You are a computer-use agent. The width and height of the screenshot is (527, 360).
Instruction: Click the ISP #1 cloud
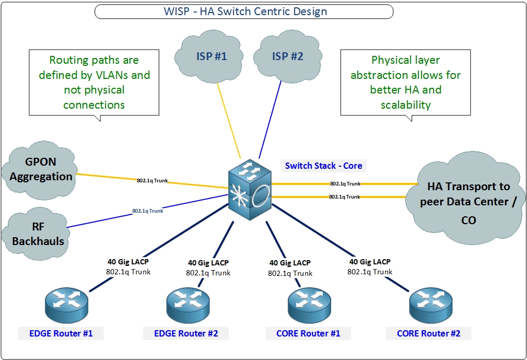(209, 56)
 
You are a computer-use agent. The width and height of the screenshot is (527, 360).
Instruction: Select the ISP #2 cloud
(287, 56)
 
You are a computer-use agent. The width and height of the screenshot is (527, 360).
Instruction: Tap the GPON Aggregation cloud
(40, 170)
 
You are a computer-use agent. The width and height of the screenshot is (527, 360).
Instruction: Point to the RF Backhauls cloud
(36, 234)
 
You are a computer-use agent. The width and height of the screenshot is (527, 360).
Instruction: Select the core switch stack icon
(250, 190)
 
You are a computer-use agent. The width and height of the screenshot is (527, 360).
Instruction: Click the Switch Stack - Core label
(323, 166)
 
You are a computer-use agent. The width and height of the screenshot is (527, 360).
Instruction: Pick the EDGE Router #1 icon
(66, 305)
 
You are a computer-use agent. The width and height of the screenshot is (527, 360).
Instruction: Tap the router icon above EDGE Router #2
(188, 305)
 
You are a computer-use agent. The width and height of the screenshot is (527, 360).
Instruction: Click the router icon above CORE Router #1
(309, 305)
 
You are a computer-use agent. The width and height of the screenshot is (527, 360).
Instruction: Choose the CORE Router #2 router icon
(431, 305)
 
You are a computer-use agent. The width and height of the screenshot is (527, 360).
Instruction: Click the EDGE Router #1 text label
(61, 333)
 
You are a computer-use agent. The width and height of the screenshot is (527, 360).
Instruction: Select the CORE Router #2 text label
(428, 333)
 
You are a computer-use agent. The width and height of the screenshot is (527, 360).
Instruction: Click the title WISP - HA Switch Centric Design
(245, 11)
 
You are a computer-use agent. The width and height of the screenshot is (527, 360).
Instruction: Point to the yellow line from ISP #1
(229, 121)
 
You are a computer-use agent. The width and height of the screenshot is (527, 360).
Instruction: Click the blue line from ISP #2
(270, 119)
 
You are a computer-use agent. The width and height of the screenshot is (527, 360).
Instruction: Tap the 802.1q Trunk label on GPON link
(153, 180)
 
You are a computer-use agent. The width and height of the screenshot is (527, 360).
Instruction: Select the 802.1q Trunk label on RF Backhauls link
(147, 211)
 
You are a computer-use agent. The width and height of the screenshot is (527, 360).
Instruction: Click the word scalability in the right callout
(406, 105)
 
